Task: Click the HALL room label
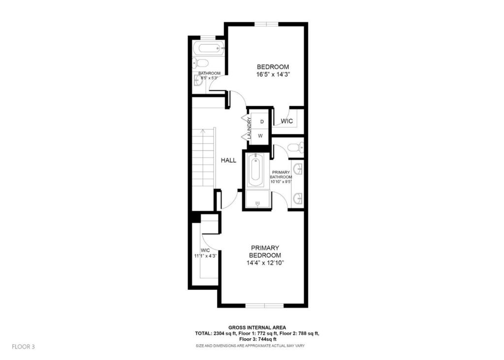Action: tap(228, 160)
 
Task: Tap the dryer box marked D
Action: tap(261, 121)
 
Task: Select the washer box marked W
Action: tap(261, 135)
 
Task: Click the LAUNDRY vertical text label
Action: tap(250, 128)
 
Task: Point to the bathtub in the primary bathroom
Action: tap(256, 170)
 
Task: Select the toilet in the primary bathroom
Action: tap(294, 147)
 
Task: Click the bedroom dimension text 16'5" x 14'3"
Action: tap(272, 75)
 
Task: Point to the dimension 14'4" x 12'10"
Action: tap(265, 263)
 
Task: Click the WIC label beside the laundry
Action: tap(287, 121)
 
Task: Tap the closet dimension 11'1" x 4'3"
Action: tap(205, 256)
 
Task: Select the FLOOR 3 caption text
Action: tap(23, 347)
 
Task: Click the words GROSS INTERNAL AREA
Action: tap(257, 328)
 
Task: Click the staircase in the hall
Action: tap(203, 157)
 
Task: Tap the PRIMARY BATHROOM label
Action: tap(284, 175)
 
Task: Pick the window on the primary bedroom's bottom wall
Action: tap(264, 305)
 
